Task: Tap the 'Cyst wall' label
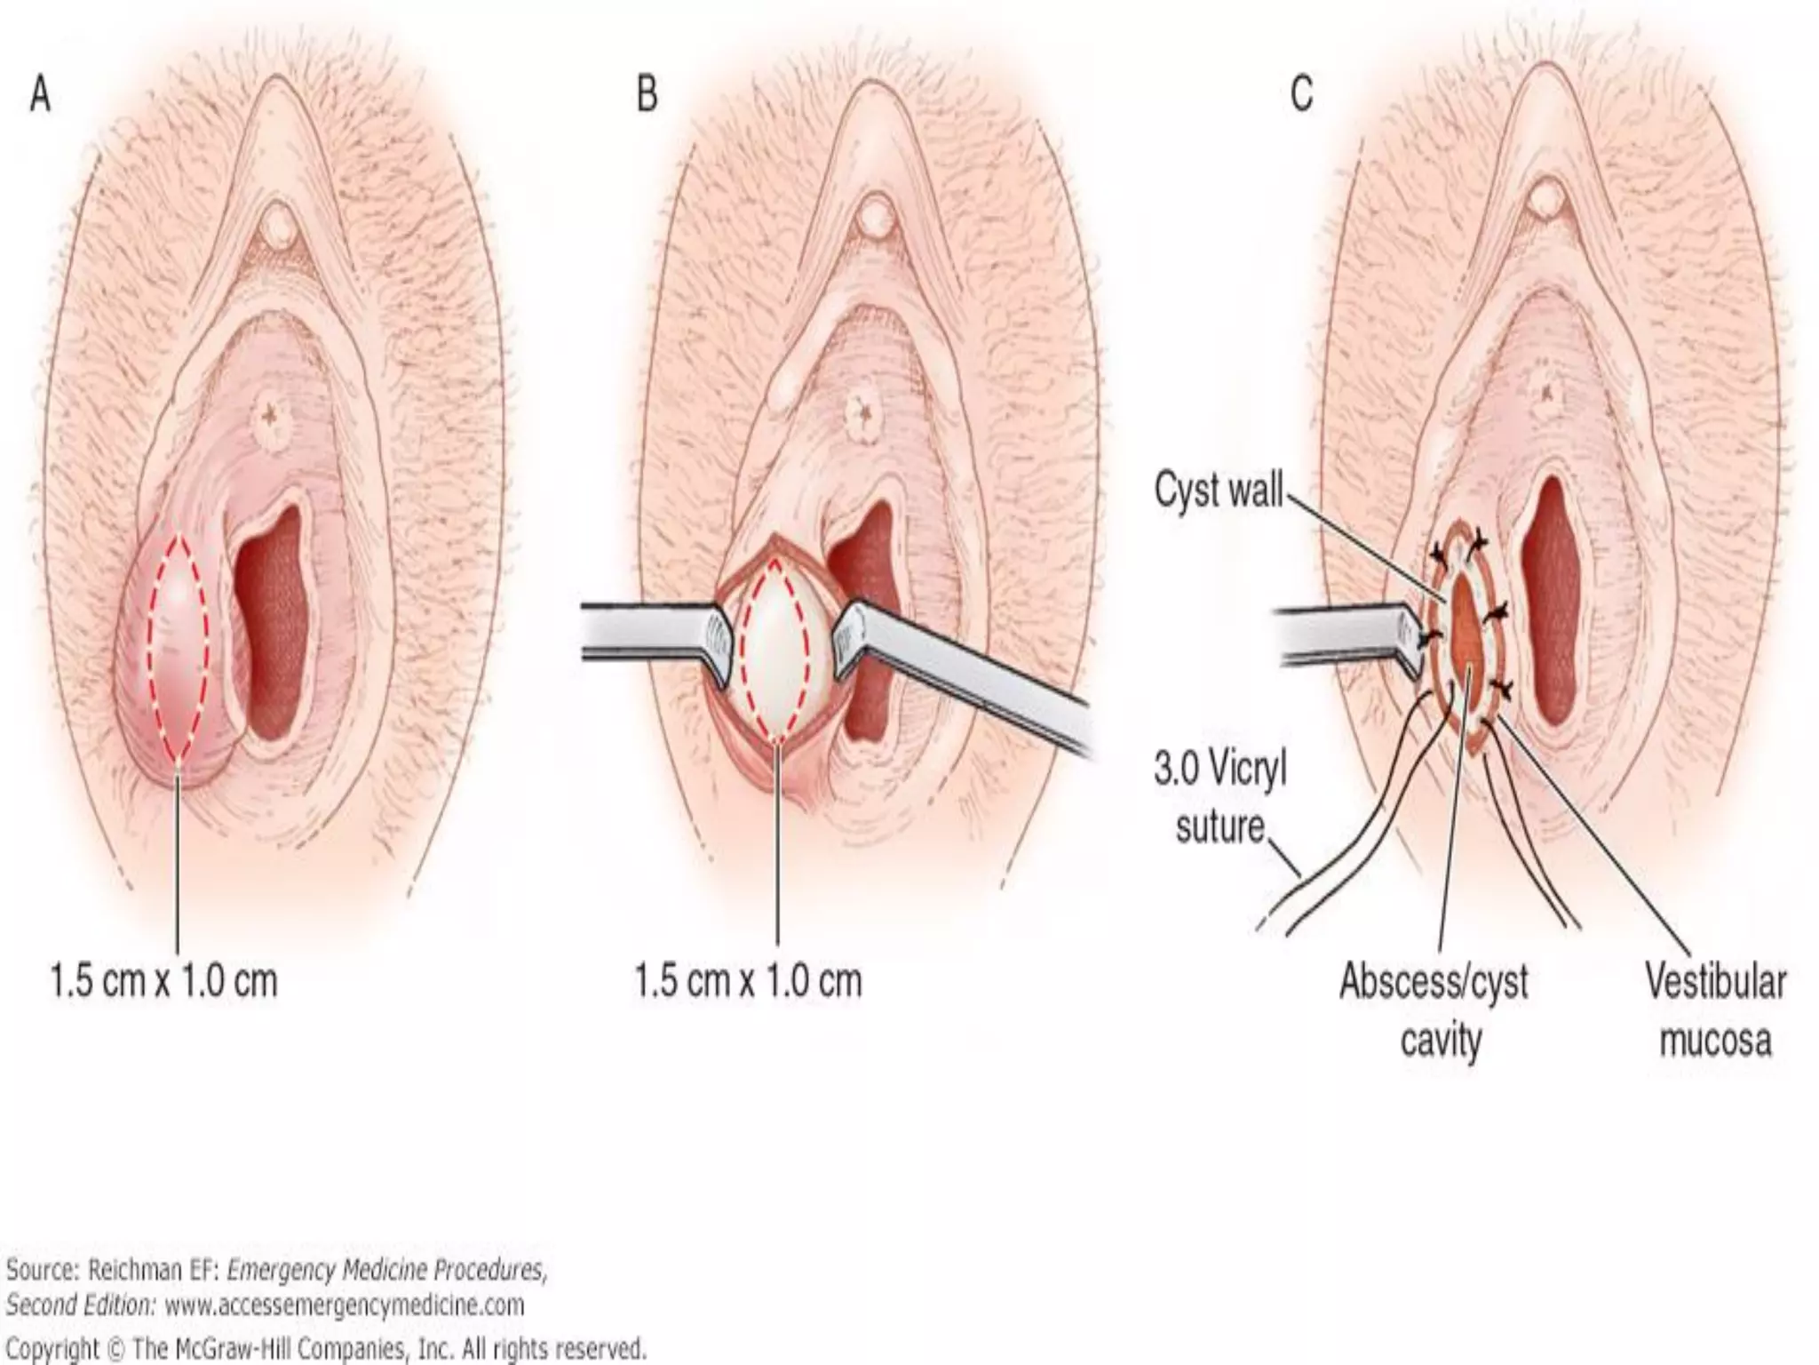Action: [1219, 490]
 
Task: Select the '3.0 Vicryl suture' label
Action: [1220, 798]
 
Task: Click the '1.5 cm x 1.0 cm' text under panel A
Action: [163, 981]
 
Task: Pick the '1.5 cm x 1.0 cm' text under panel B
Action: [749, 981]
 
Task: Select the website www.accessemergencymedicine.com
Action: [344, 1305]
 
